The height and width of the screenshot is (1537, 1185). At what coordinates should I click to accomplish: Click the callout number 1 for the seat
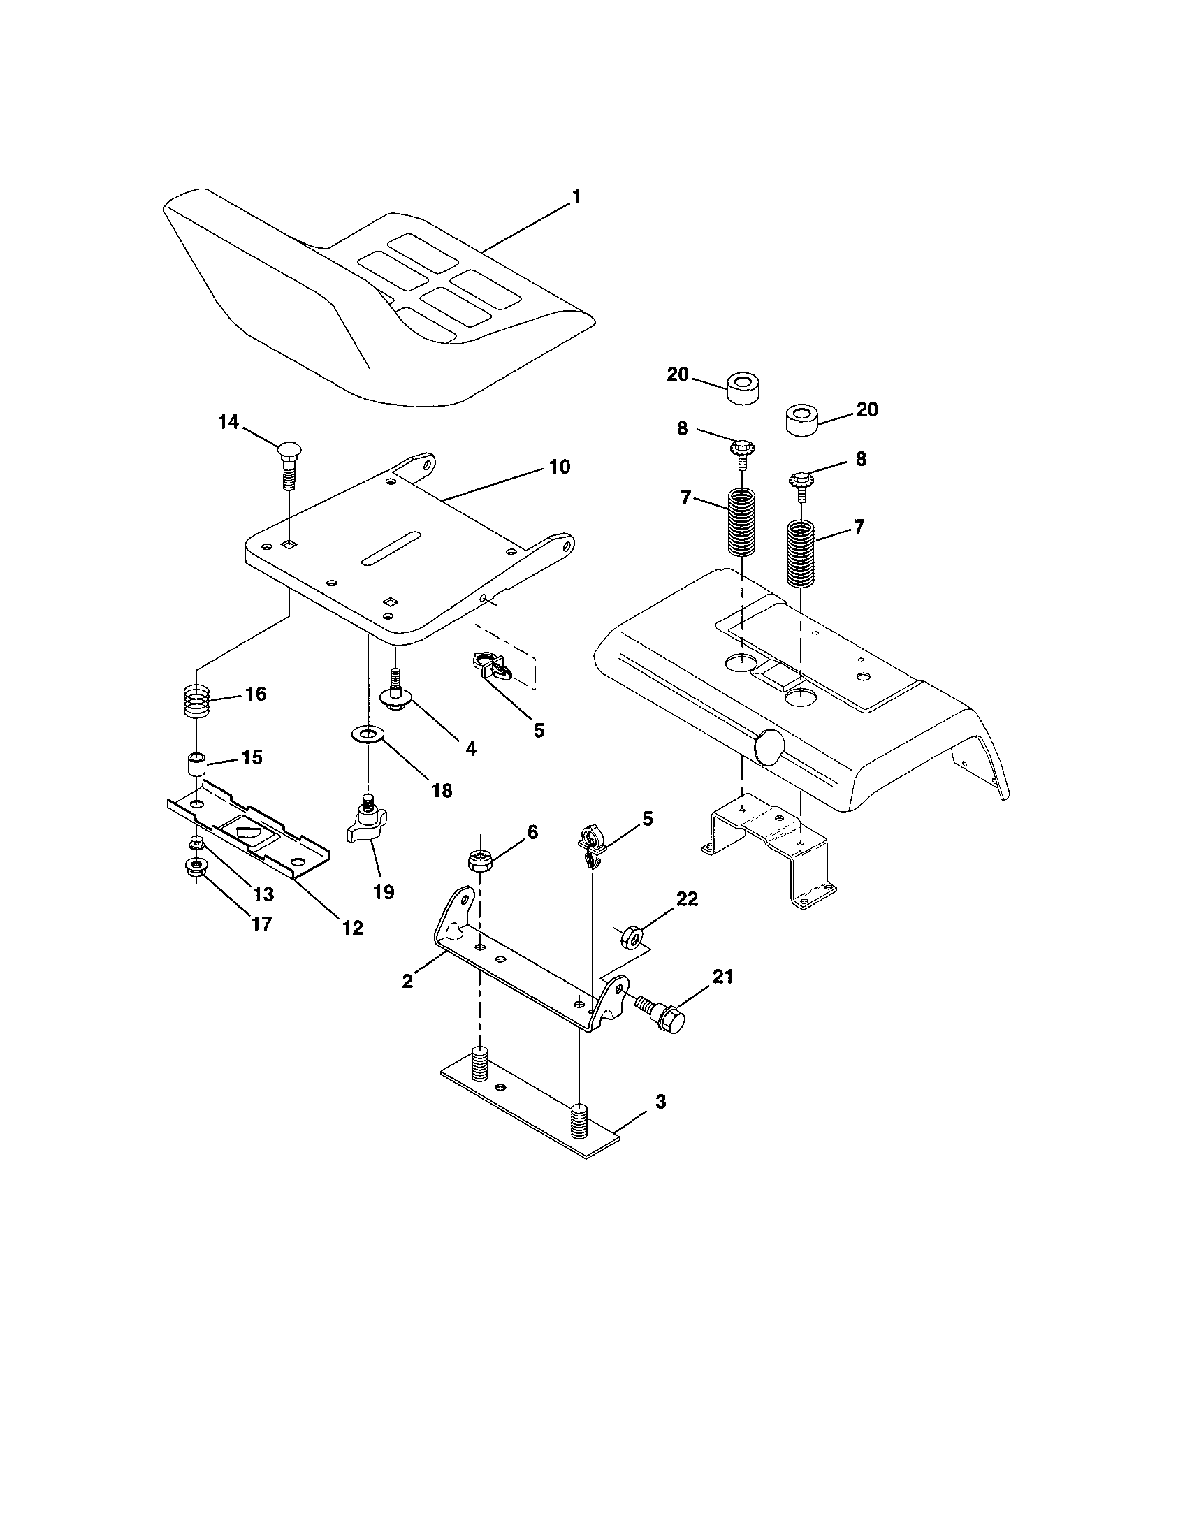tap(576, 197)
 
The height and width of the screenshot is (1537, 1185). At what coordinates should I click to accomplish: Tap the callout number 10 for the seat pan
tap(560, 467)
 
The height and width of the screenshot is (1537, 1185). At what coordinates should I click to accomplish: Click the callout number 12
tap(352, 928)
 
